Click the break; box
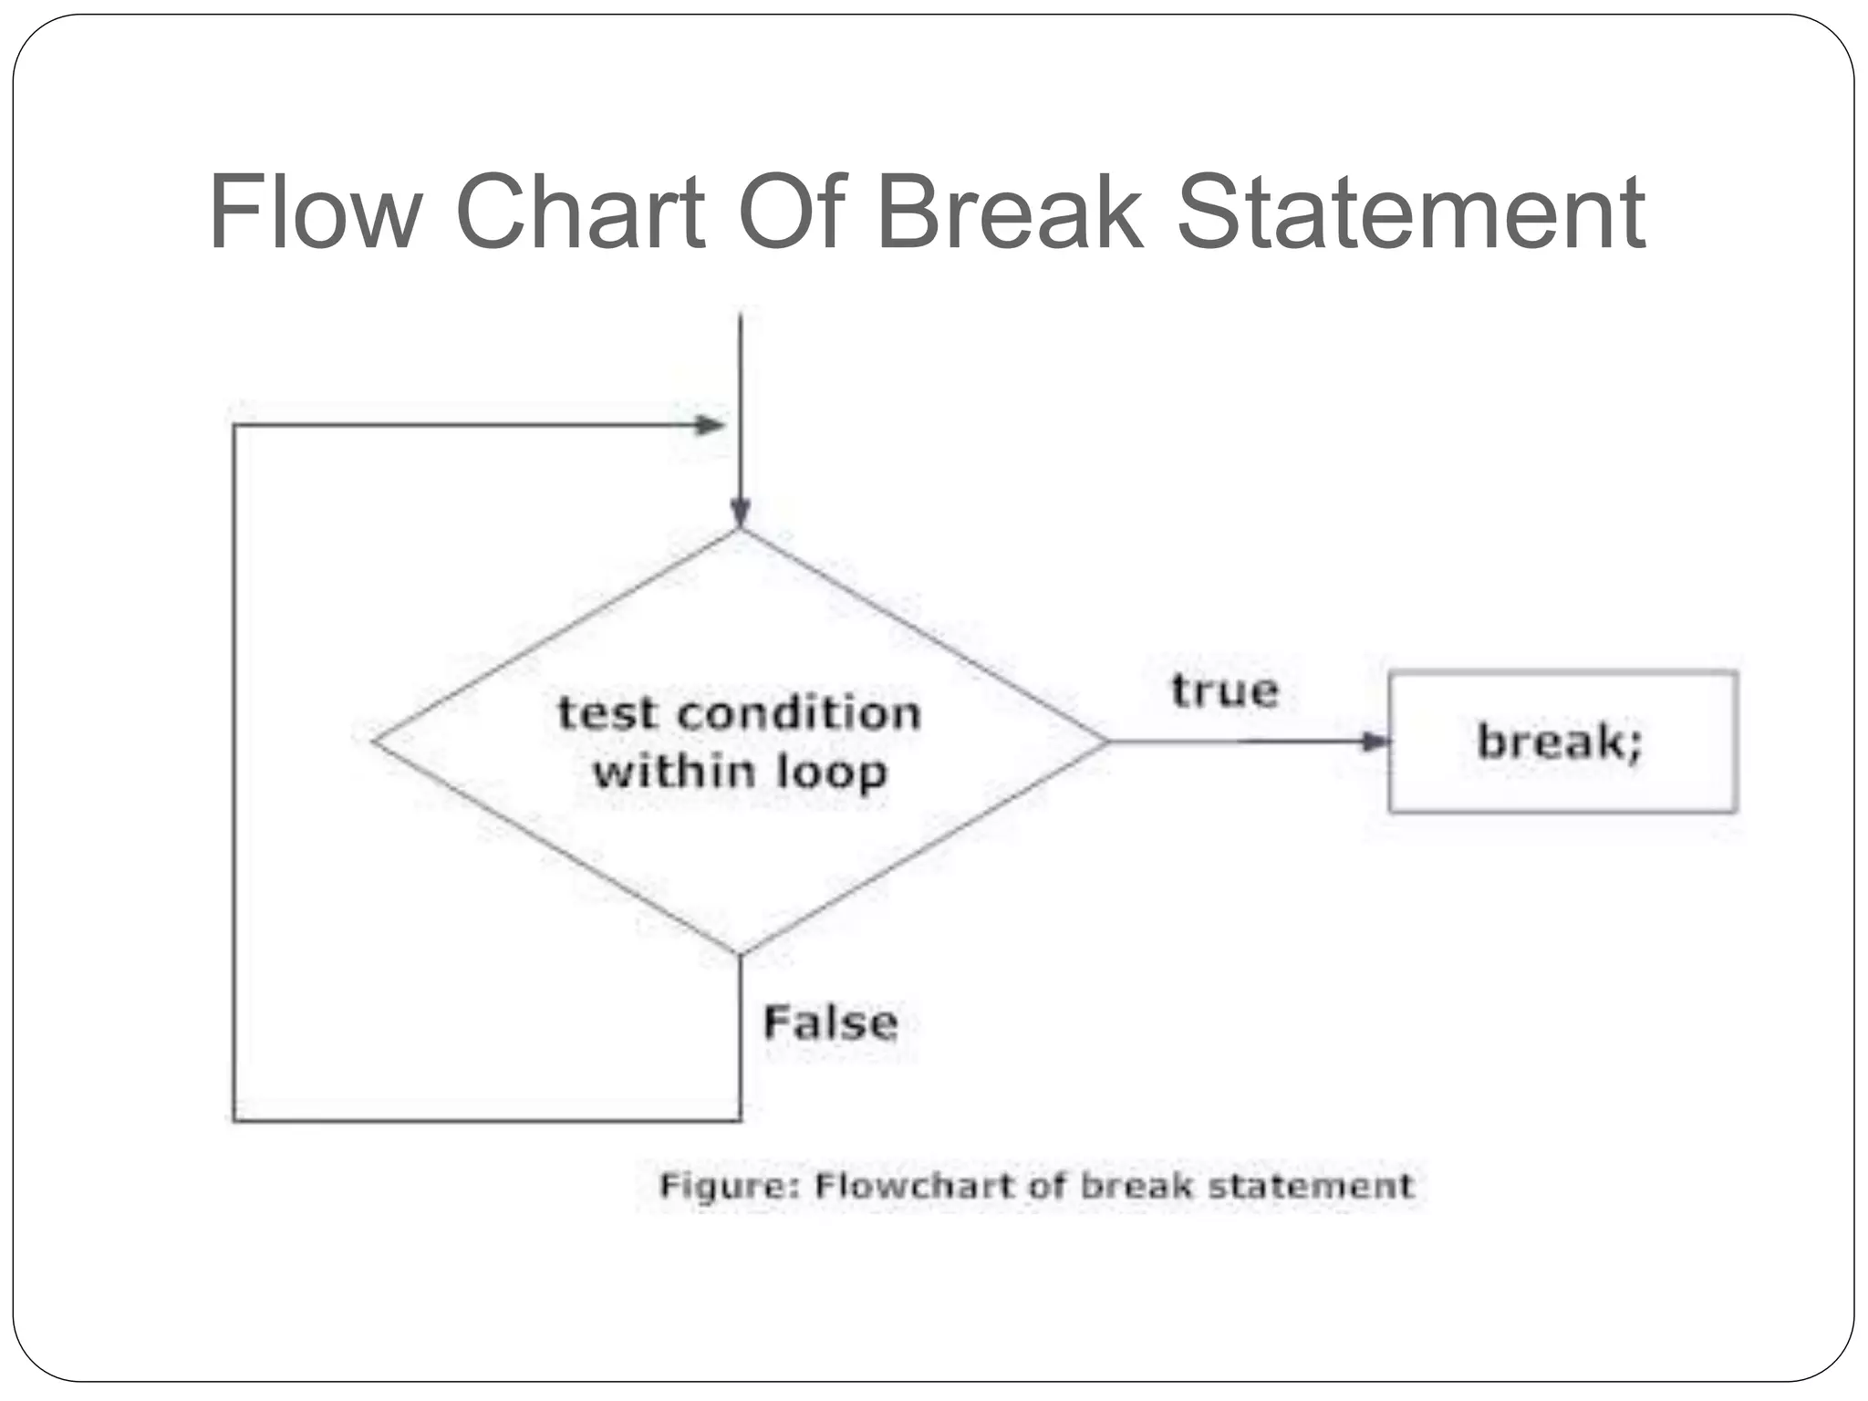[1562, 742]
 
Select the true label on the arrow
[1225, 690]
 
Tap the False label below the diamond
[830, 1022]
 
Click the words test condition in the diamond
[739, 713]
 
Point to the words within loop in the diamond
[739, 772]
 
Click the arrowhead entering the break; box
[1375, 742]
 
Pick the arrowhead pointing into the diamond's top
[741, 512]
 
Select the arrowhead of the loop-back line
[710, 425]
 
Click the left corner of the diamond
[374, 741]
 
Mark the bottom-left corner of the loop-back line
[234, 1120]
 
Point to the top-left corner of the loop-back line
[234, 426]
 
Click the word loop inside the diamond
[831, 773]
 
